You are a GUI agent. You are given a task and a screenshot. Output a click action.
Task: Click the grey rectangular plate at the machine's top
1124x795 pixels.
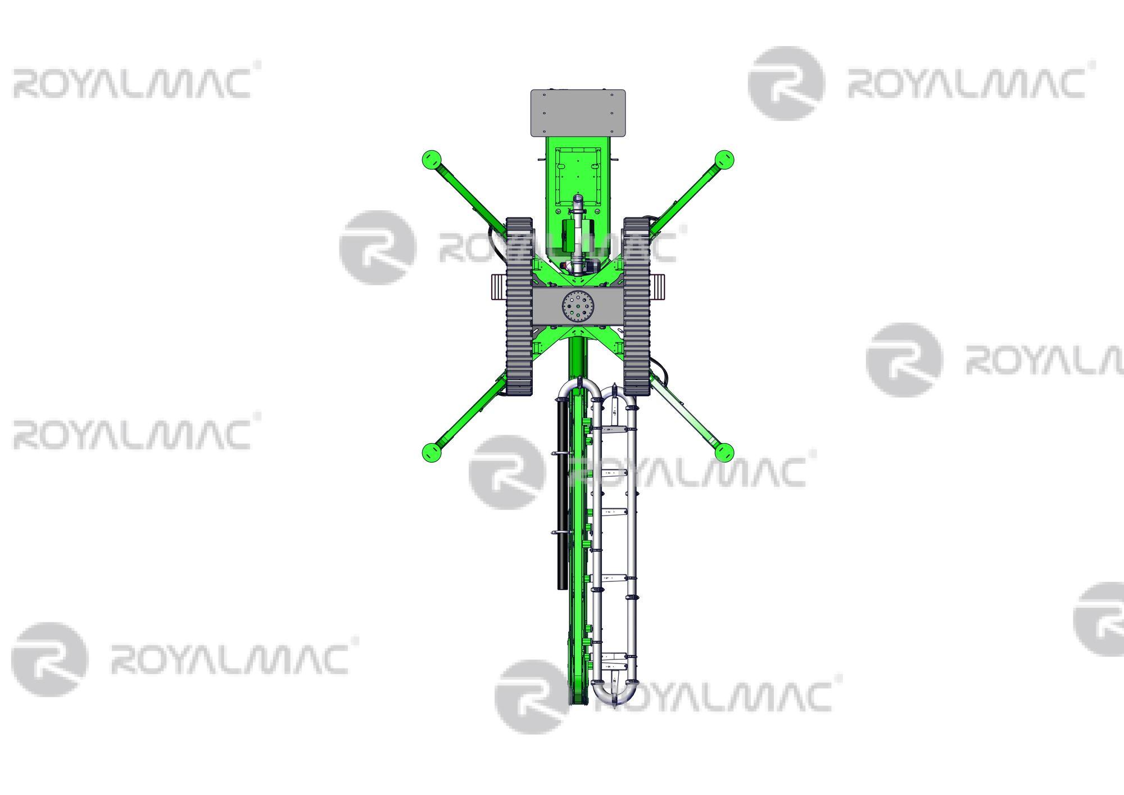click(578, 112)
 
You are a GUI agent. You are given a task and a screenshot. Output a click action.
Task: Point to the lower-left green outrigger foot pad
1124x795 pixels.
click(430, 451)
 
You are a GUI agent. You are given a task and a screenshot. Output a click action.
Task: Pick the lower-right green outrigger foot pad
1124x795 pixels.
click(725, 451)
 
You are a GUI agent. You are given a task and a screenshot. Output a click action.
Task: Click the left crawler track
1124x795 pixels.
click(519, 306)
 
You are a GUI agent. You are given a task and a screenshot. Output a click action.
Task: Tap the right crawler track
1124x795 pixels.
click(636, 306)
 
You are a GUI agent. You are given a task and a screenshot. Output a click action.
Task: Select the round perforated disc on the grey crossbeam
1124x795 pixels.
click(578, 306)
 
